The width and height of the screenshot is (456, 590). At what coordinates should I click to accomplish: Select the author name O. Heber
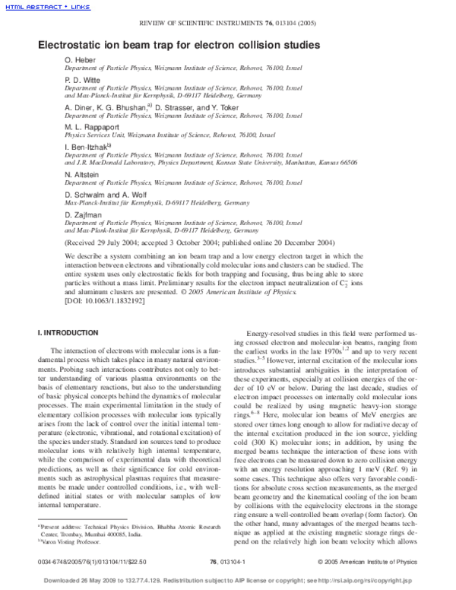(80, 59)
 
